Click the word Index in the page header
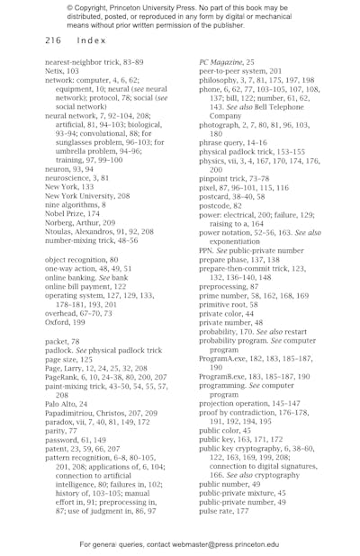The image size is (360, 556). point(92,40)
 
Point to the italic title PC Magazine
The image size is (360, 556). point(222,61)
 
